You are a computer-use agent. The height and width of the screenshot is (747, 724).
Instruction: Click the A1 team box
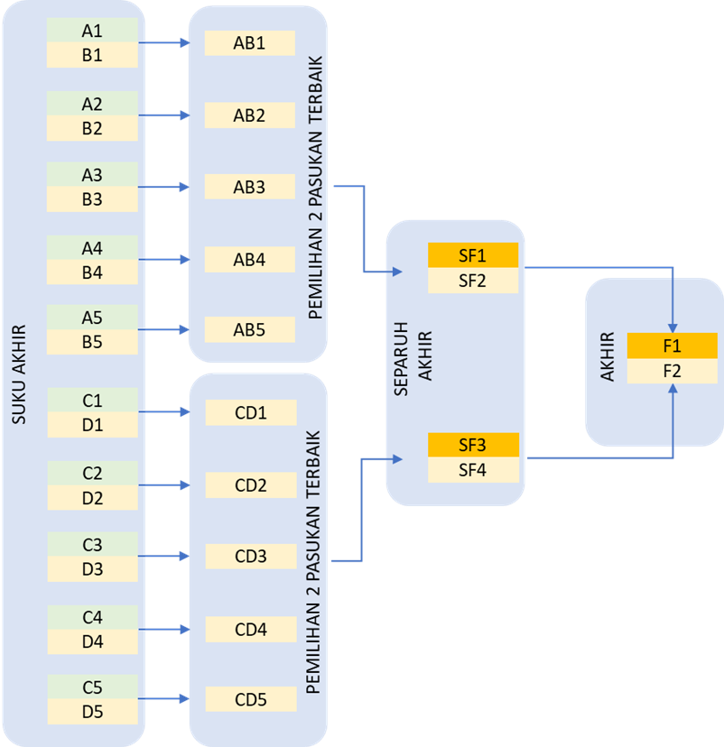[92, 31]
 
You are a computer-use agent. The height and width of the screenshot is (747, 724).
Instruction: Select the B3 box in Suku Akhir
[92, 199]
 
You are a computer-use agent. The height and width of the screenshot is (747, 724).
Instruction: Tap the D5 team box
[92, 712]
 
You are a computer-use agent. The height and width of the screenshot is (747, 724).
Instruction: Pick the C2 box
[92, 473]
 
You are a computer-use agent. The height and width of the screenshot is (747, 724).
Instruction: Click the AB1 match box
[249, 42]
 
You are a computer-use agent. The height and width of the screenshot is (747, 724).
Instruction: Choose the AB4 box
[249, 260]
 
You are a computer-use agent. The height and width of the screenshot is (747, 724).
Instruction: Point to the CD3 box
[251, 557]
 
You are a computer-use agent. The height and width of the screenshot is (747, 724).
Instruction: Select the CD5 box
[251, 698]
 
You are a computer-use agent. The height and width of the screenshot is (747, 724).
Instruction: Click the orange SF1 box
[473, 255]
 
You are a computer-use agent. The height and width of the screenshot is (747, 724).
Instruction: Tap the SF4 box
[473, 469]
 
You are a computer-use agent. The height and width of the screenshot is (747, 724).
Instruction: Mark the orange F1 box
[672, 346]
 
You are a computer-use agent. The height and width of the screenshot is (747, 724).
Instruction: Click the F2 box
[672, 371]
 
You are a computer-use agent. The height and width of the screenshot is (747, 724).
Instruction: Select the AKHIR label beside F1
[608, 357]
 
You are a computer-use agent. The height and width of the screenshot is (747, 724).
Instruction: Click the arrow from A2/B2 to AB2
[164, 115]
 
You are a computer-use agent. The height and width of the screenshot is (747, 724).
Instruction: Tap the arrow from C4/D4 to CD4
[164, 629]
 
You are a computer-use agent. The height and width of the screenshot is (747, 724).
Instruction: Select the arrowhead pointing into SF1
[398, 272]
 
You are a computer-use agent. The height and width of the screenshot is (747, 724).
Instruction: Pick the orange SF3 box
[473, 445]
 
